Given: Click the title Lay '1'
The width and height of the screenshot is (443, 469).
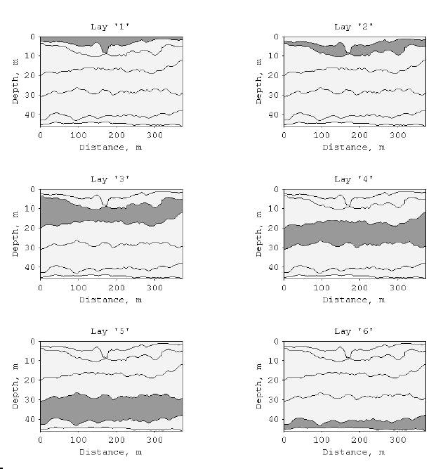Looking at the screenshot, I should pyautogui.click(x=110, y=27).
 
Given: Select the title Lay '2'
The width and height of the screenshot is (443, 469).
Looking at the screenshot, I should pyautogui.click(x=354, y=27).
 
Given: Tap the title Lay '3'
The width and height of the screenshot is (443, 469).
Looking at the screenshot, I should pyautogui.click(x=110, y=179).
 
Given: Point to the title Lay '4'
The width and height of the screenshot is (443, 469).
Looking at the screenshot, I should pyautogui.click(x=354, y=179).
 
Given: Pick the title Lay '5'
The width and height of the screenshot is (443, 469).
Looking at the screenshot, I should pyautogui.click(x=110, y=331).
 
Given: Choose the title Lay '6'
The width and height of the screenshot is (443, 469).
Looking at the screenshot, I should pyautogui.click(x=354, y=331).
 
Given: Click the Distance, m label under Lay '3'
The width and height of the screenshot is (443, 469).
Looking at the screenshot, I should pyautogui.click(x=110, y=300).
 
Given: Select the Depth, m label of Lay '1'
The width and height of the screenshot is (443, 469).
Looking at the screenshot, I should pyautogui.click(x=15, y=81).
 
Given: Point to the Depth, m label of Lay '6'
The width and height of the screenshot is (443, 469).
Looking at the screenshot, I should pyautogui.click(x=259, y=385).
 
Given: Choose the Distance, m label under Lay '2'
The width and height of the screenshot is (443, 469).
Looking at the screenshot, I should pyautogui.click(x=354, y=148).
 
